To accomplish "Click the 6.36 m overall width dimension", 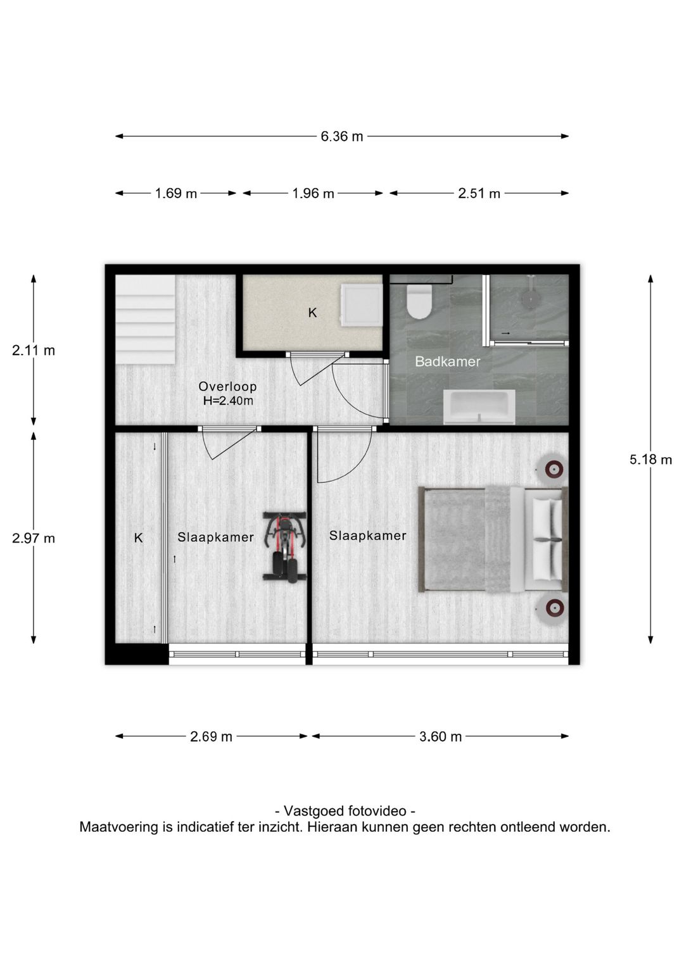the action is click(x=342, y=137).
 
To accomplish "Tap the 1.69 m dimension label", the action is click(x=175, y=194).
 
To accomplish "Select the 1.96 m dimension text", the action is click(x=313, y=194).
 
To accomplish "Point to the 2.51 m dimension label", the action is click(x=479, y=194).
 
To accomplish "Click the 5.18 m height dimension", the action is click(x=650, y=460).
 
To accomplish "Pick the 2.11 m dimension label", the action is click(x=34, y=351).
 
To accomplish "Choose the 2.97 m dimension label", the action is click(x=34, y=539).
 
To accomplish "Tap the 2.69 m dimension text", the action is click(x=211, y=737).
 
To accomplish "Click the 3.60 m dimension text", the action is click(x=440, y=737).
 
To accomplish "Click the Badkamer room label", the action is click(x=448, y=361).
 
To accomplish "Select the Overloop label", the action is click(x=227, y=386).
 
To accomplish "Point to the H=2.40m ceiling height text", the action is click(x=228, y=401).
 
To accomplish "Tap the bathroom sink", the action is click(x=479, y=407).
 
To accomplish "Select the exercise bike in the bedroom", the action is click(x=285, y=548).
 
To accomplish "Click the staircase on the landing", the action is click(x=146, y=320).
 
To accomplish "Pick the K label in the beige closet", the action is click(x=312, y=313).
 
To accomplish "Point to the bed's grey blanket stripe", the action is click(x=498, y=539).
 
